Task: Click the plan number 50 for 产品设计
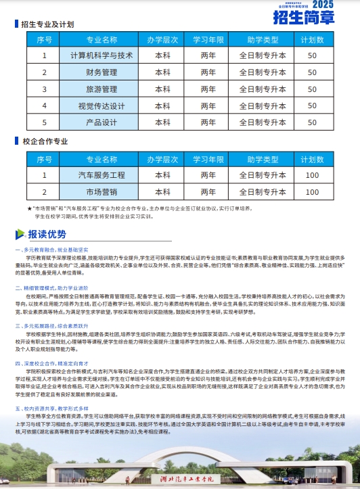coord(312,122)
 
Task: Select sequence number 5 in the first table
coord(45,122)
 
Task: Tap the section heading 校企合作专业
coord(45,142)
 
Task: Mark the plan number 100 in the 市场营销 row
coord(312,192)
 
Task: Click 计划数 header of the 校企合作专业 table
coord(312,159)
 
